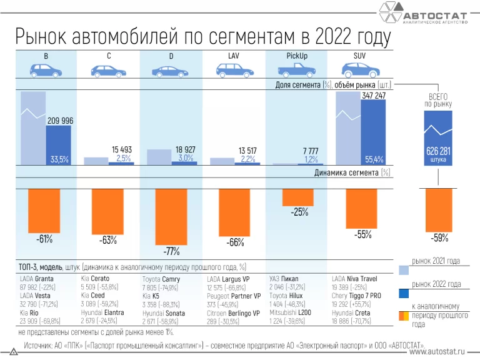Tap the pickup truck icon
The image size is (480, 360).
point(297,71)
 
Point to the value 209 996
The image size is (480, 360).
point(61,121)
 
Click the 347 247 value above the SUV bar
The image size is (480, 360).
point(373,96)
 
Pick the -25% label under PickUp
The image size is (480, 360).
point(299,212)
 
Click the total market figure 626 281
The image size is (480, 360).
point(438,151)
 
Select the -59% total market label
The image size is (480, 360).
point(439,237)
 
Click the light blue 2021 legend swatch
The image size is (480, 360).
point(404,269)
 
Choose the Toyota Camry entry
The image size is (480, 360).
point(161,279)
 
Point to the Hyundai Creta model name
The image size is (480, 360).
point(352,312)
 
